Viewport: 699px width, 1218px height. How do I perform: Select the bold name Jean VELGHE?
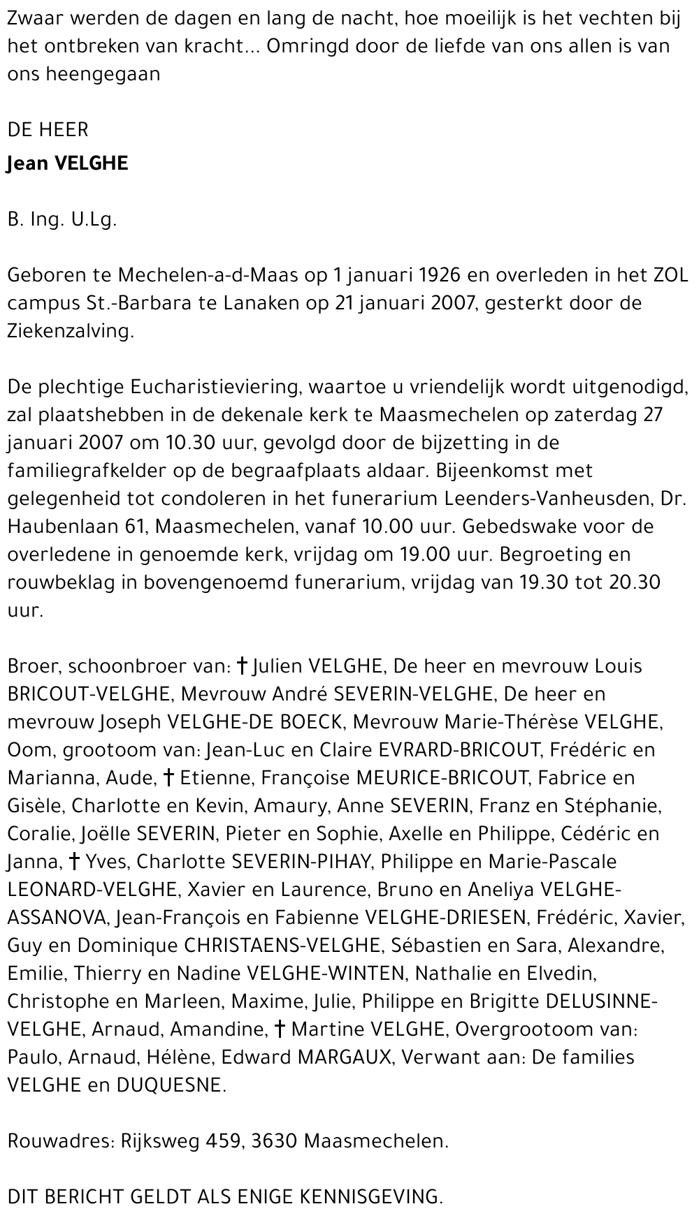pyautogui.click(x=68, y=163)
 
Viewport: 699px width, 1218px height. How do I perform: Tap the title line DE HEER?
pyautogui.click(x=48, y=130)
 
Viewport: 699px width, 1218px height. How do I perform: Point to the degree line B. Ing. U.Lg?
pyautogui.click(x=62, y=219)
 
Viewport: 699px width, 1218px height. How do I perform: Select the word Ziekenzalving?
pyautogui.click(x=70, y=331)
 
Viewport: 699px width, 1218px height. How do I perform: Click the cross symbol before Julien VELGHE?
pyautogui.click(x=242, y=666)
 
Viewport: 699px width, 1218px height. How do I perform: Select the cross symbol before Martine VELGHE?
pyautogui.click(x=280, y=1029)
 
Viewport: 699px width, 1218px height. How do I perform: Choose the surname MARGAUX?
pyautogui.click(x=345, y=1057)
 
